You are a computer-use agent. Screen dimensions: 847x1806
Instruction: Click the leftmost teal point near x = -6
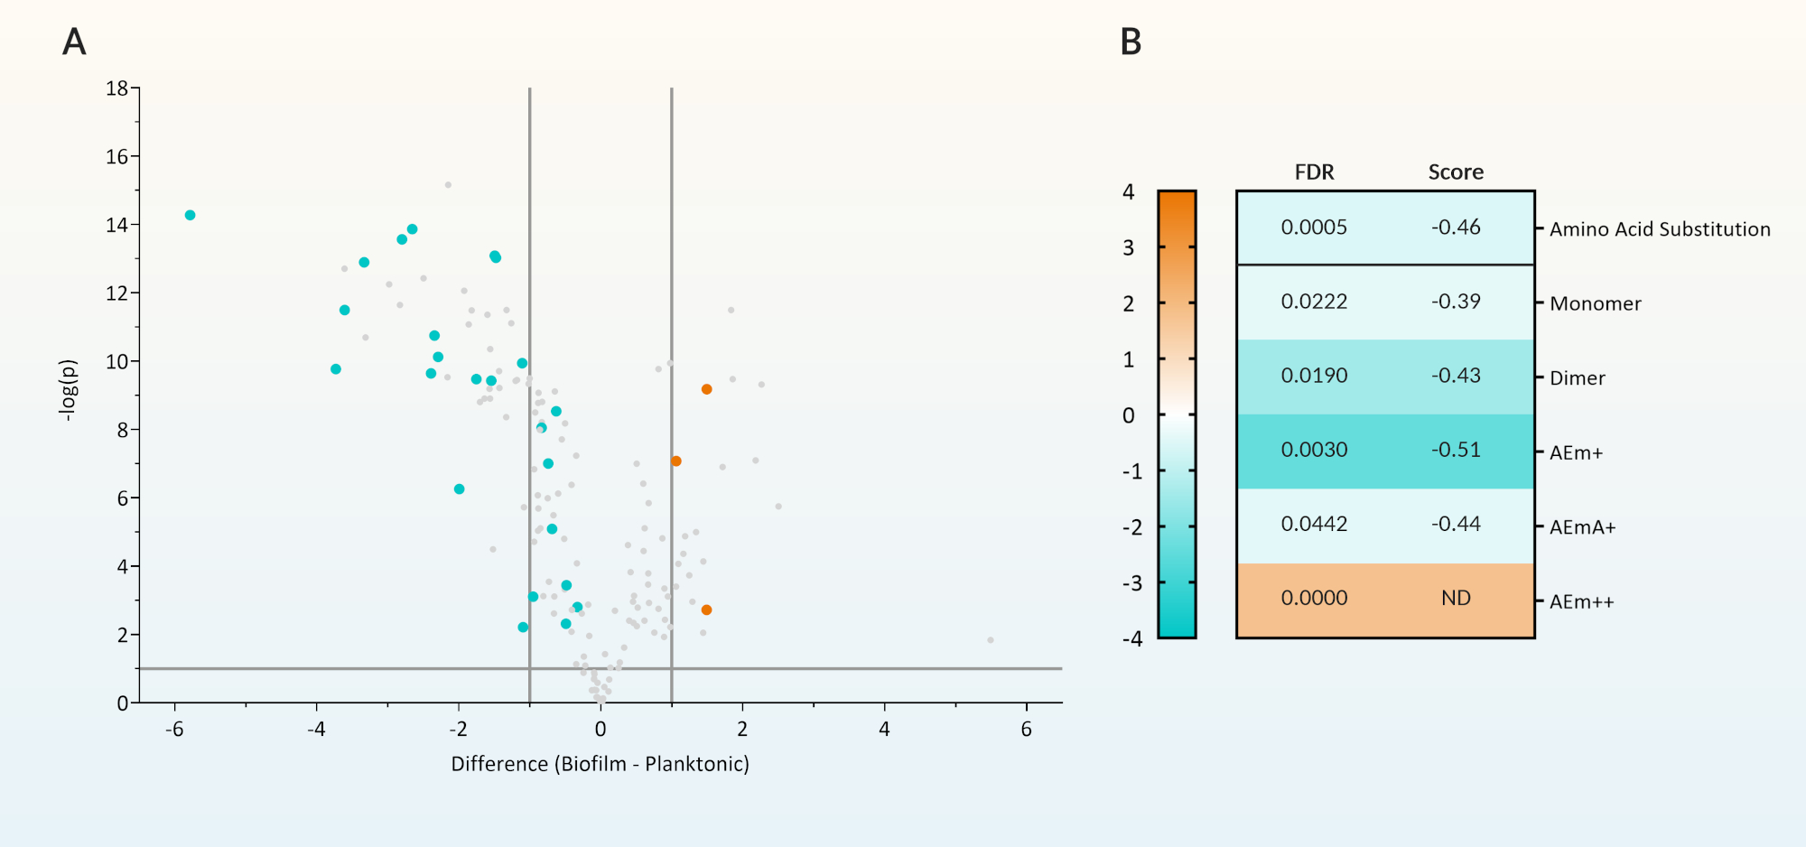(190, 215)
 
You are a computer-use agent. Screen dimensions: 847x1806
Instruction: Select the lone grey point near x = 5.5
(991, 640)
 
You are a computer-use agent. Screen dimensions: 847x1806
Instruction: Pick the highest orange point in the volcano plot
(706, 389)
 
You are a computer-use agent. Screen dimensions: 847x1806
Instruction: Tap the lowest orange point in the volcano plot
(706, 610)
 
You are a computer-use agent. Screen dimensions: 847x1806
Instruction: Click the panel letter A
(74, 42)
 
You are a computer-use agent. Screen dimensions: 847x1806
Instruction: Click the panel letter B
(1131, 42)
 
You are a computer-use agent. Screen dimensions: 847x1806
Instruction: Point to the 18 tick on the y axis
(117, 88)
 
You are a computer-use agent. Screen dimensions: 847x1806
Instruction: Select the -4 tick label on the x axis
(316, 730)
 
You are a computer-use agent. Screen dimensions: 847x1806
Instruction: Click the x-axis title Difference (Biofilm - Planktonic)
(600, 764)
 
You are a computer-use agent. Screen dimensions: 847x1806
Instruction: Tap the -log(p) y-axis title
(68, 390)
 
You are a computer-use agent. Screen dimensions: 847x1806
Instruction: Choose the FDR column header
(1314, 172)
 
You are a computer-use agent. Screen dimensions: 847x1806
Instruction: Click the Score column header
(1456, 172)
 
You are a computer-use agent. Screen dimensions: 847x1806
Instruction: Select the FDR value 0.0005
(1314, 228)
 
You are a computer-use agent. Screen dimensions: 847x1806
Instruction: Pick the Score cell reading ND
(1456, 599)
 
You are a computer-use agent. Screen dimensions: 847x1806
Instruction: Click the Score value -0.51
(1456, 450)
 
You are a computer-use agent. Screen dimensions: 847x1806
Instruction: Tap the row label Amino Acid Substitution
(1660, 229)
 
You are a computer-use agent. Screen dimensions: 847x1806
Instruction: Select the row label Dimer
(1578, 378)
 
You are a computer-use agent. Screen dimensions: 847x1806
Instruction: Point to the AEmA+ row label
(1582, 527)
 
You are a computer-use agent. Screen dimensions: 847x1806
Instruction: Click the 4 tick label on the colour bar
(1129, 191)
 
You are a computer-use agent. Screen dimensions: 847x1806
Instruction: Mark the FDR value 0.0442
(1314, 524)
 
